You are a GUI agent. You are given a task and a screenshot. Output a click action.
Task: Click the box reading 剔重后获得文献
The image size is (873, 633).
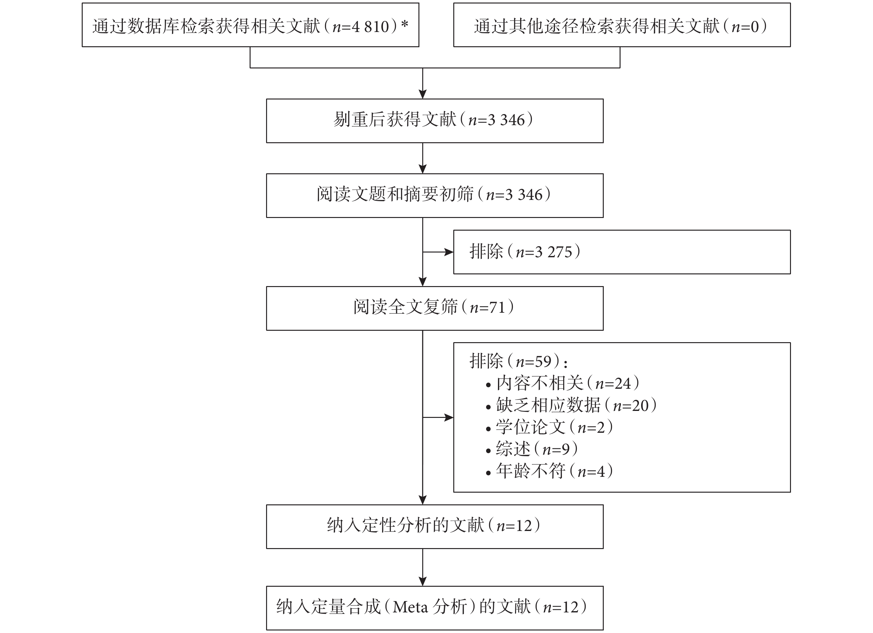tap(435, 121)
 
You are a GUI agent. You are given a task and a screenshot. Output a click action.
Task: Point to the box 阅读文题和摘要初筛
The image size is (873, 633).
tap(435, 195)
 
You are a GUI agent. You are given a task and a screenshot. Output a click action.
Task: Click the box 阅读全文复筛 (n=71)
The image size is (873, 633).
tap(435, 308)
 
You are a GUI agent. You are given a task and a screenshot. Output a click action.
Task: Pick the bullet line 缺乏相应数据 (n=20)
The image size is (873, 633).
tap(571, 406)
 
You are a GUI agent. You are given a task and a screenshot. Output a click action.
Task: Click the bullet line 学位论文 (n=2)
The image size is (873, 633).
tap(549, 427)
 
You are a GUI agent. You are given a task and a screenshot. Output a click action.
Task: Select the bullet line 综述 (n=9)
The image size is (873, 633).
tap(532, 449)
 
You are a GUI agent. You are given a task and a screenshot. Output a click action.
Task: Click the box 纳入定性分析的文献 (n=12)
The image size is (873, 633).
tap(435, 526)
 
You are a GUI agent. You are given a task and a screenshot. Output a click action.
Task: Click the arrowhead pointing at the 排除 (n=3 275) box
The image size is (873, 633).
tap(449, 252)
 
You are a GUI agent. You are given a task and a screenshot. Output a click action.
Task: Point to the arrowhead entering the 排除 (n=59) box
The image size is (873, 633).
tap(449, 417)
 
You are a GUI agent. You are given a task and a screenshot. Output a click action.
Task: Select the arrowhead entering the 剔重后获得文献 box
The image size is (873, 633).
tap(423, 94)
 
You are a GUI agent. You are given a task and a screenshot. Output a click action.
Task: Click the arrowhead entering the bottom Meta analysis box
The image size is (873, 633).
tap(423, 581)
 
